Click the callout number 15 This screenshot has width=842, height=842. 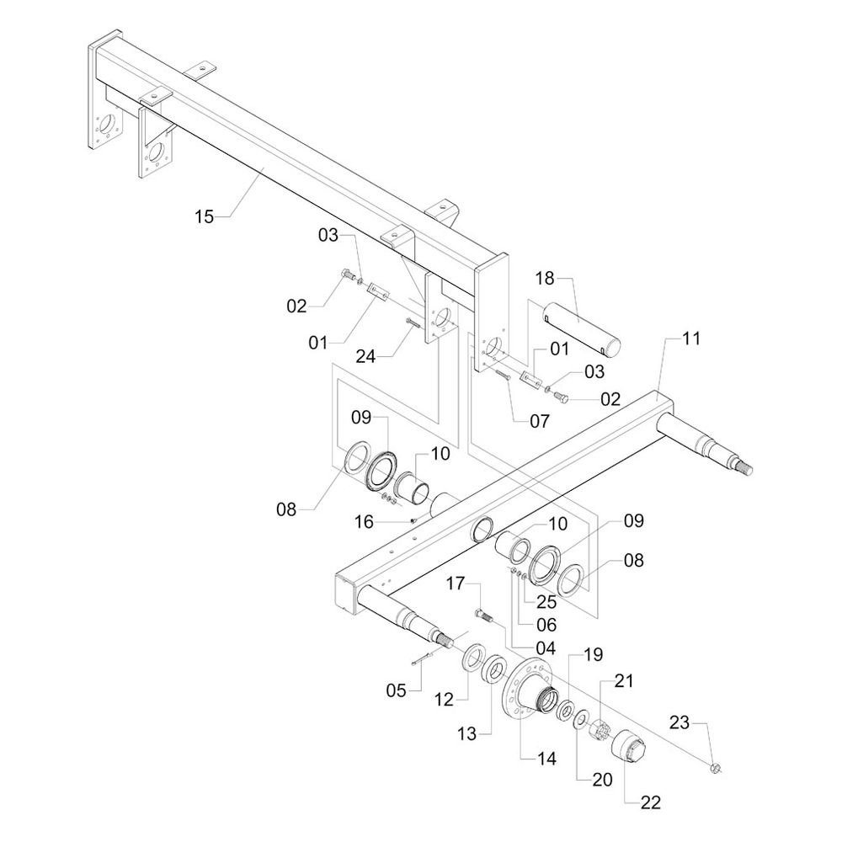point(205,217)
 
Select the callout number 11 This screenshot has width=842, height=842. point(690,338)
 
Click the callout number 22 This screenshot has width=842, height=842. point(649,803)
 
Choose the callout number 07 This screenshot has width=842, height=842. point(539,418)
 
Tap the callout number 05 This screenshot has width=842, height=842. point(395,690)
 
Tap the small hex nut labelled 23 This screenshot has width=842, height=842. point(715,767)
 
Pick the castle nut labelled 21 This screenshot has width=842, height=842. point(600,729)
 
